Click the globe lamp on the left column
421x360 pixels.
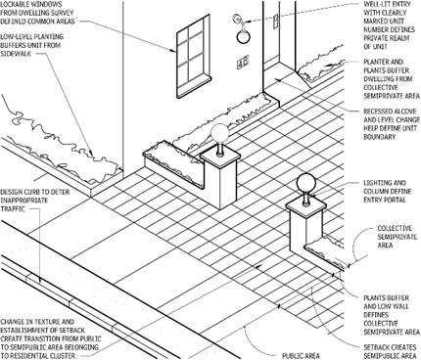tap(219, 134)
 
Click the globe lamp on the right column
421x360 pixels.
tap(306, 183)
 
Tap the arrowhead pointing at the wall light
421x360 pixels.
tap(246, 29)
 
